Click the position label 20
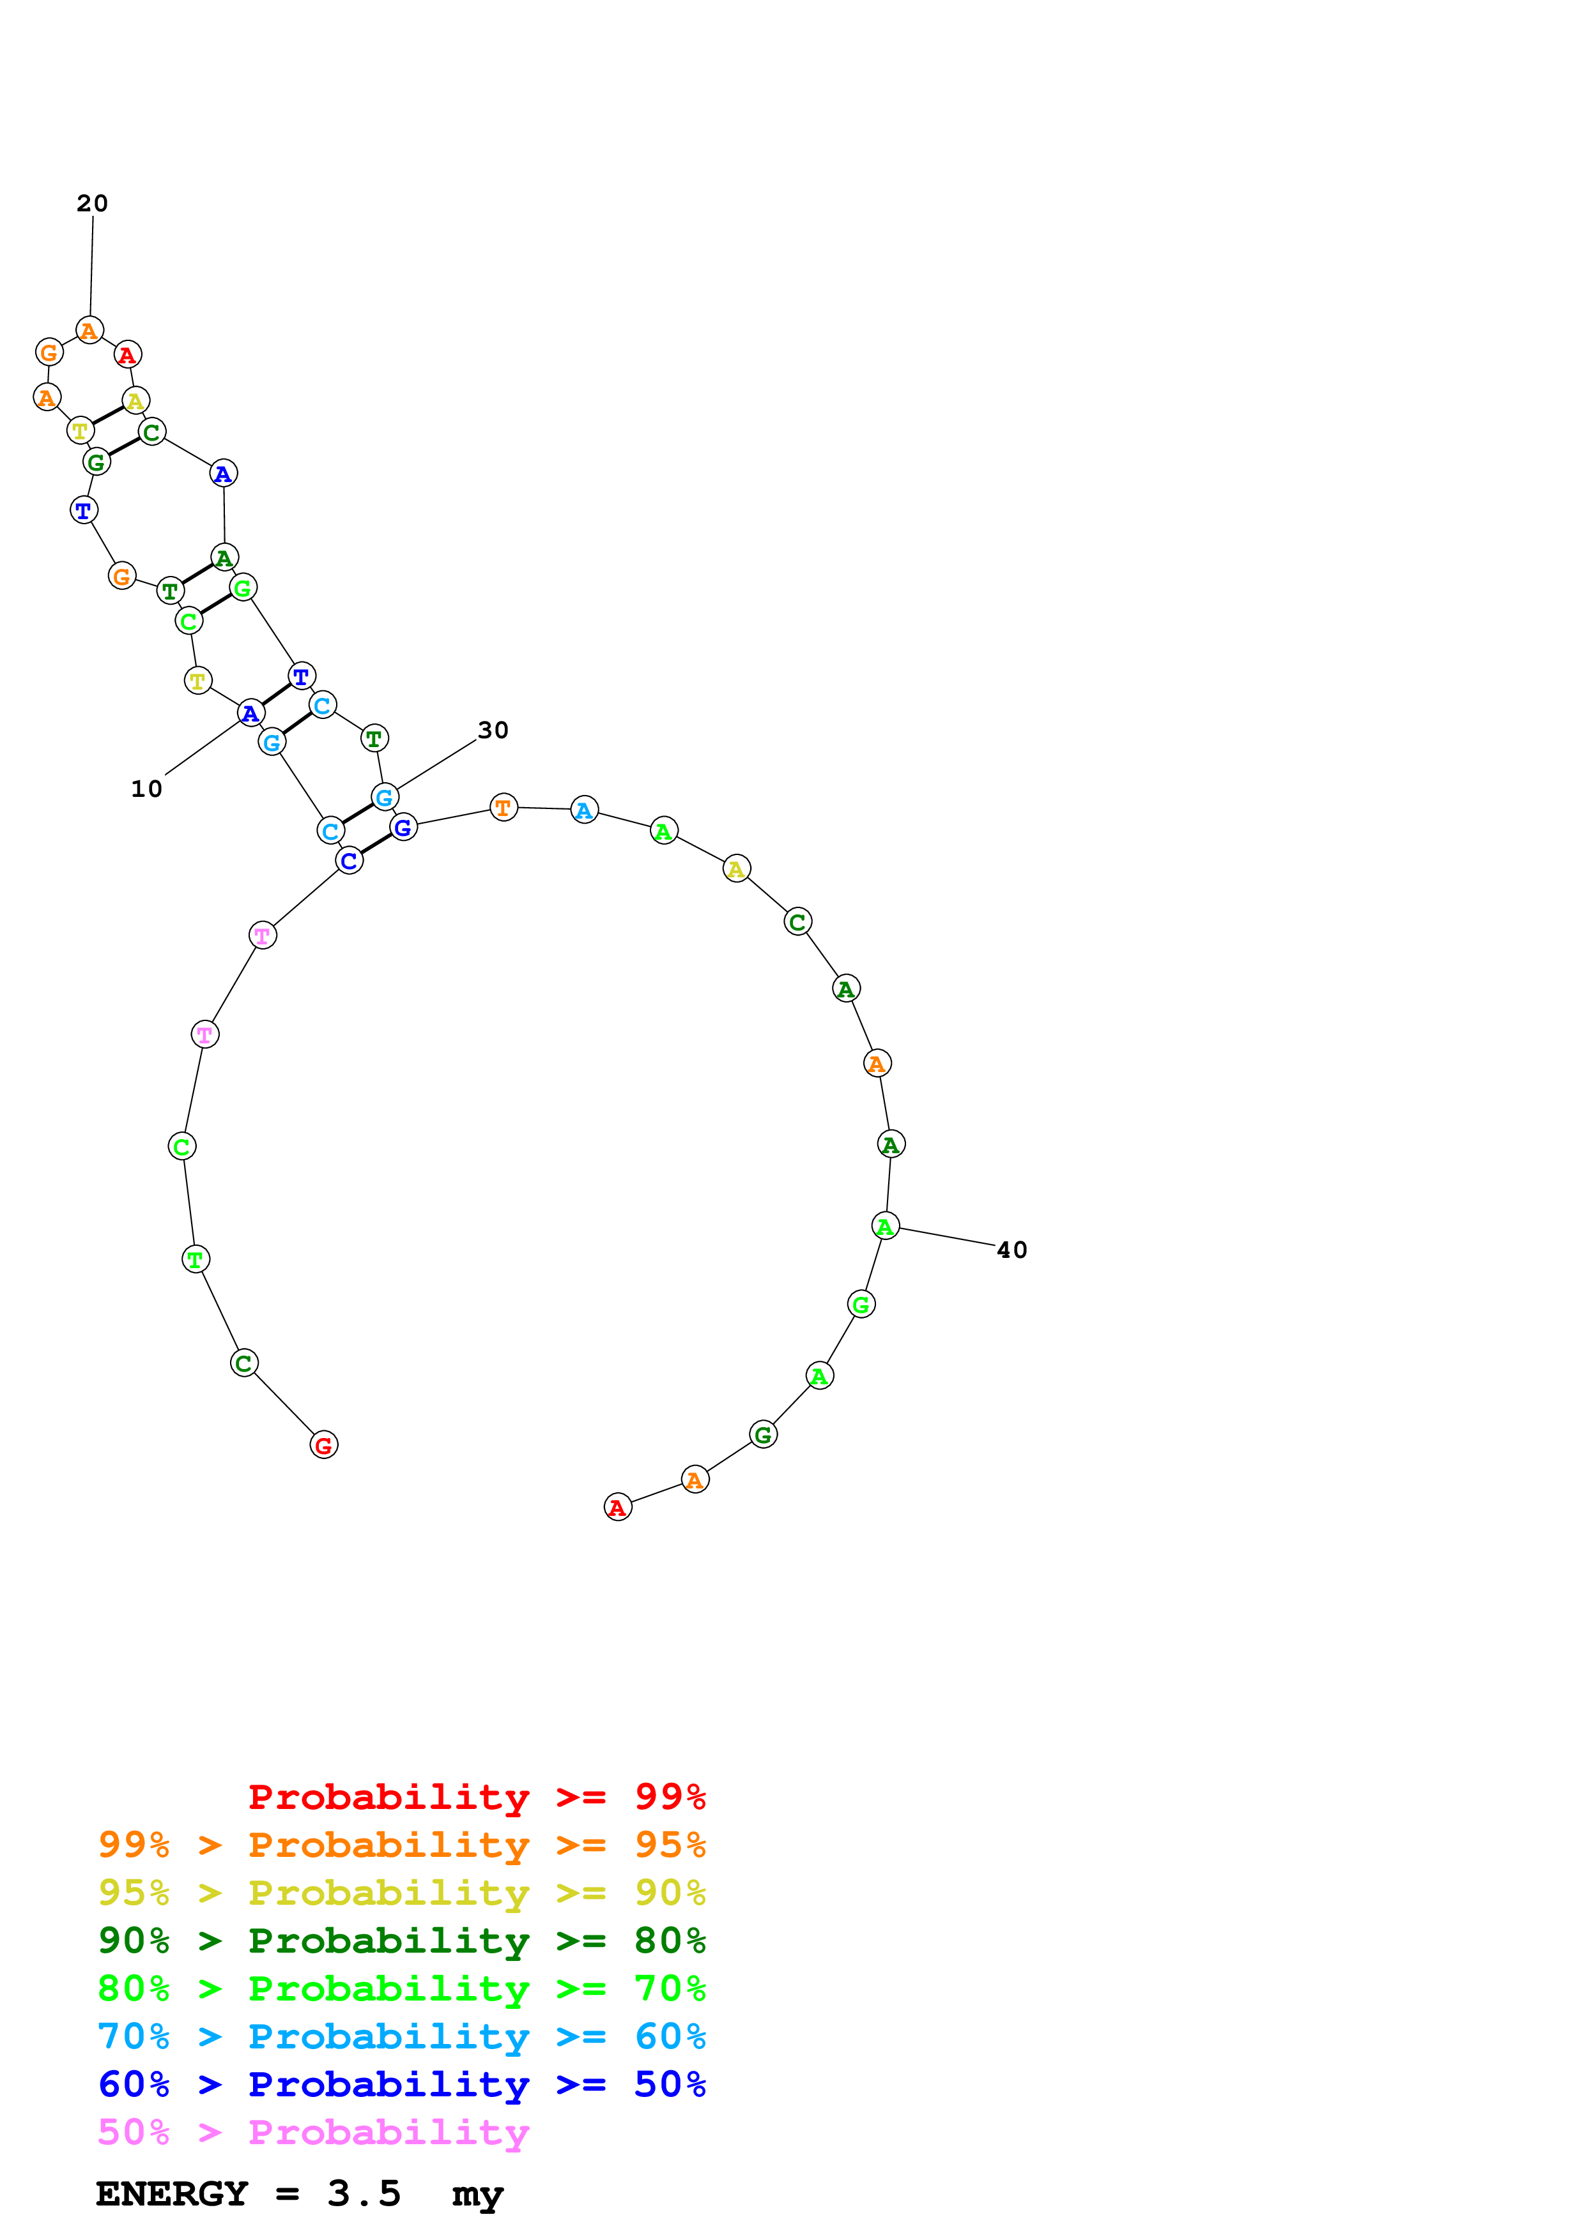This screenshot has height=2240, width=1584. tap(92, 203)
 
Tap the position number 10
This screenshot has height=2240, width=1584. tap(146, 789)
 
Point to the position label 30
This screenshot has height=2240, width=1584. tap(493, 730)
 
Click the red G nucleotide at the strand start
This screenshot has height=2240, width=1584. tap(324, 1445)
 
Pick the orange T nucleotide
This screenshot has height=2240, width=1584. tap(503, 807)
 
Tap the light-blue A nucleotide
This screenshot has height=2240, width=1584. tap(583, 810)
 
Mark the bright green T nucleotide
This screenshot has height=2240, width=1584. tap(195, 1259)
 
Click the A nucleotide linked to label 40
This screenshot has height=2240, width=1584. tap(884, 1227)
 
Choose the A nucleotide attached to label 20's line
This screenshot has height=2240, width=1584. tap(90, 331)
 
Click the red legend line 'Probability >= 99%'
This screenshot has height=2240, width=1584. tap(476, 1797)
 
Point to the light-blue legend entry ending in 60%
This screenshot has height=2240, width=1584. tap(401, 2037)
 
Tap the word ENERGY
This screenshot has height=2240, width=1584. tap(171, 2194)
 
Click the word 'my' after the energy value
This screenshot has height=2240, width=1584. tap(477, 2196)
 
